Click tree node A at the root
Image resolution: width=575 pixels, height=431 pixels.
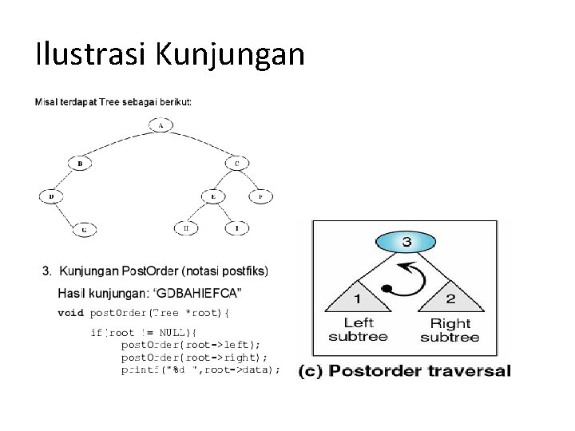coord(161,125)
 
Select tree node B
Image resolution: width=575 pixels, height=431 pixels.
coord(80,164)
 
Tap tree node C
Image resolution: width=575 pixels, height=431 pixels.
coord(236,164)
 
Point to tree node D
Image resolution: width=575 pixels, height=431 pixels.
coord(52,196)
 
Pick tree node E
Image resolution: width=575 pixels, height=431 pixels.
coord(213,196)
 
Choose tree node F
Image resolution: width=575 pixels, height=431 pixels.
coord(260,196)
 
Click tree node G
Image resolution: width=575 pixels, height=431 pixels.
coord(85,229)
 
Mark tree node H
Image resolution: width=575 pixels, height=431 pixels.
coord(186,228)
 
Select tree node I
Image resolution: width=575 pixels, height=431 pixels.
coord(236,228)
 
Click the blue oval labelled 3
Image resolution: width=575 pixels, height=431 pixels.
coord(406,242)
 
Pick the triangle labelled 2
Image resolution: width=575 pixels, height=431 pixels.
coord(451,297)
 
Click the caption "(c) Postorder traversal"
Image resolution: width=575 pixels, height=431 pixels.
coord(405,370)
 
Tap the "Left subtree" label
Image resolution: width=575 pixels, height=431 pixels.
coord(358,330)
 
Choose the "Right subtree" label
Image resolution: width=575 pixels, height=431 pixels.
coord(450,330)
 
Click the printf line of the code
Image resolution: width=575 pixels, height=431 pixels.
coord(200,370)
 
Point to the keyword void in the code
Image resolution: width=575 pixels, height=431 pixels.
coord(70,312)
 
